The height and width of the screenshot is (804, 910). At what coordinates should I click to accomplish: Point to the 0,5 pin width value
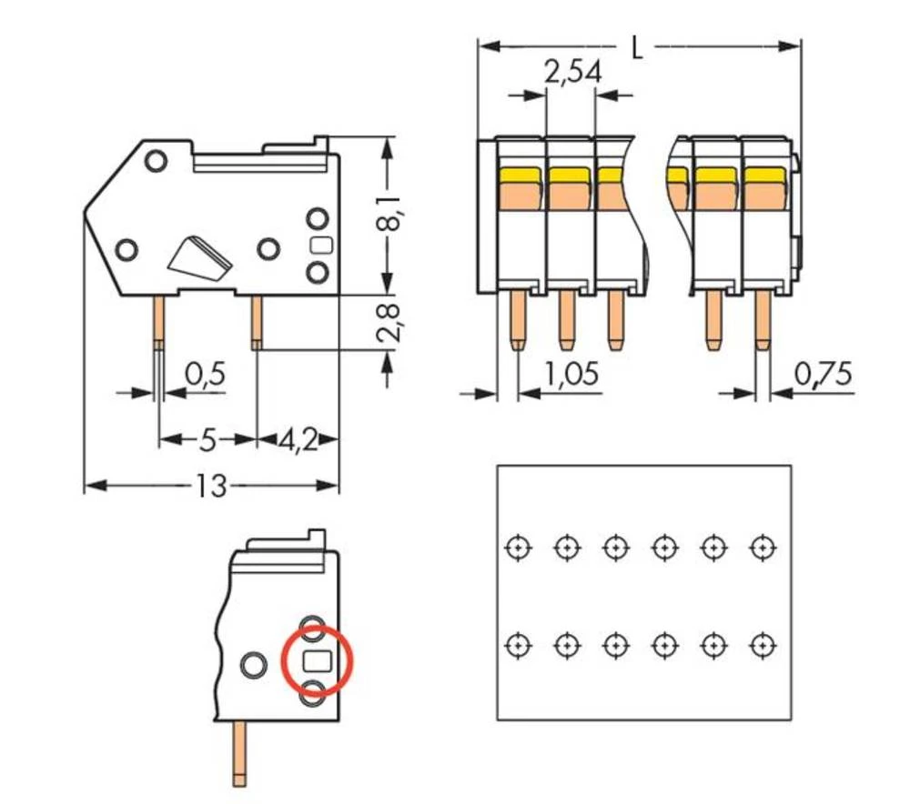click(x=205, y=374)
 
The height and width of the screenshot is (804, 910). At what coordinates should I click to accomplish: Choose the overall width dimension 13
click(x=210, y=487)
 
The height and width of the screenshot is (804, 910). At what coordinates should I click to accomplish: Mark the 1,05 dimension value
click(x=572, y=374)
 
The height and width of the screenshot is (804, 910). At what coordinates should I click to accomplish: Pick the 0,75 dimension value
click(x=824, y=374)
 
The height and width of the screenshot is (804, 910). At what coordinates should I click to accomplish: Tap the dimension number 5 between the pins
click(x=207, y=440)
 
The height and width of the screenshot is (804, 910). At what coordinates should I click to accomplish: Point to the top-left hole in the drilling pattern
click(x=517, y=548)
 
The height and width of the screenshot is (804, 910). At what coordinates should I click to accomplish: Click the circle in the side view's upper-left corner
click(x=155, y=160)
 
